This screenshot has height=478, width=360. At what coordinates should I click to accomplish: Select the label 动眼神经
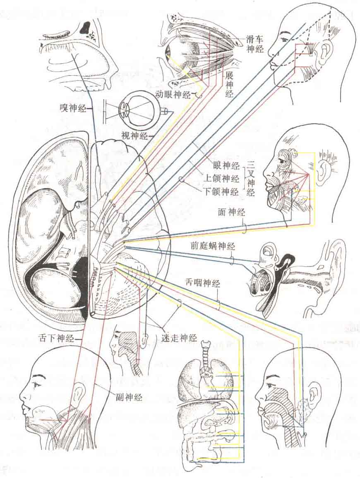pos(173,95)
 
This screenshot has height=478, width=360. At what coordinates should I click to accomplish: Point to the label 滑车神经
pos(255,43)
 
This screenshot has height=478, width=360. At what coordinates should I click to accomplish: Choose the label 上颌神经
pos(221,178)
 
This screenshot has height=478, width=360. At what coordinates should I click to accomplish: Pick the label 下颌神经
pos(221,191)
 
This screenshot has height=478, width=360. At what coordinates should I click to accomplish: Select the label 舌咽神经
pos(202,284)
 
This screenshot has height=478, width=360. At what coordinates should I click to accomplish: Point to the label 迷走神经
pos(179,337)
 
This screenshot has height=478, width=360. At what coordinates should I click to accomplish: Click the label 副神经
pos(129,397)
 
